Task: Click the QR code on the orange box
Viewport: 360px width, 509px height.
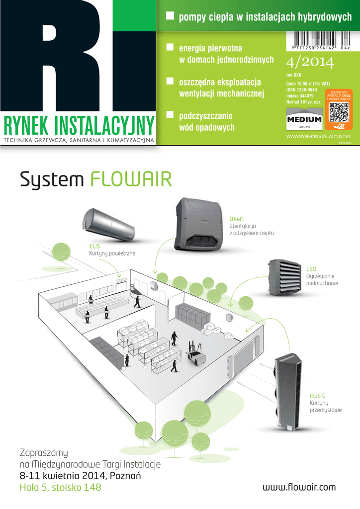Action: click(x=339, y=112)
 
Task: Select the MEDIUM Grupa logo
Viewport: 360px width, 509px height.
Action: click(x=304, y=121)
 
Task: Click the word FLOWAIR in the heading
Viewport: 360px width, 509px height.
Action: click(x=131, y=179)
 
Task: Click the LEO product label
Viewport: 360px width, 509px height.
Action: click(x=311, y=269)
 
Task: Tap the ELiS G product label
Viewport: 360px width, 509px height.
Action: click(x=317, y=396)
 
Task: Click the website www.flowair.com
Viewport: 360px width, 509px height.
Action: click(x=299, y=487)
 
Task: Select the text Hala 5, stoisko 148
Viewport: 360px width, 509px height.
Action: click(x=60, y=488)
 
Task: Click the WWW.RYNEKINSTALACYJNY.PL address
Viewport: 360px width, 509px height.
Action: click(x=319, y=135)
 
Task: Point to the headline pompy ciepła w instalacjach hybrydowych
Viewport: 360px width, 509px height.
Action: click(x=265, y=17)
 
